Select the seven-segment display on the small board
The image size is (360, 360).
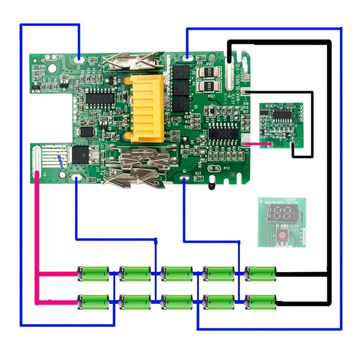[x=276, y=215]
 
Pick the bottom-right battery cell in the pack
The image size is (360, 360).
[x=261, y=301]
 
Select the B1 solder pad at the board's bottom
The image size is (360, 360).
[x=184, y=179]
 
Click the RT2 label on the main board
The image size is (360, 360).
[x=226, y=168]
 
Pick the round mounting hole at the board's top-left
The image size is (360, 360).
[x=52, y=70]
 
